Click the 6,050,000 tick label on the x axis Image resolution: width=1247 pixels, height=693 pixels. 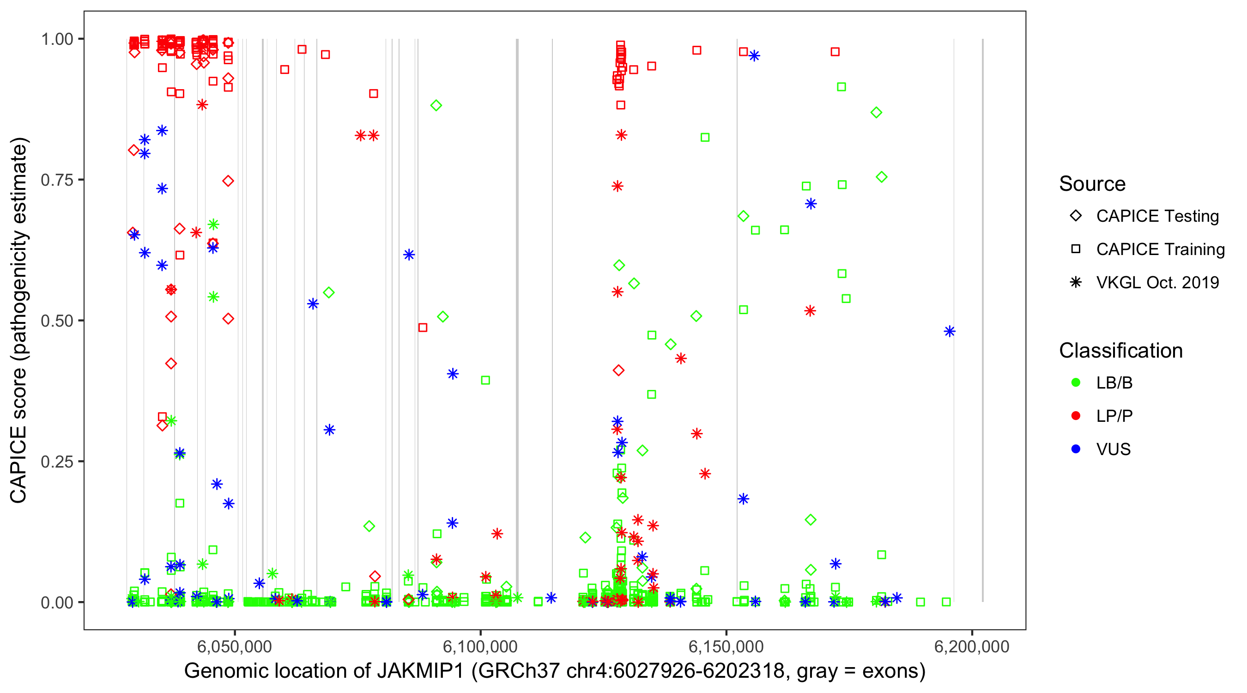click(235, 646)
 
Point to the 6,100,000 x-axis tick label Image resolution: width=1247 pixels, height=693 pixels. click(480, 646)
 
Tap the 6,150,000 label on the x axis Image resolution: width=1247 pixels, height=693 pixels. click(726, 646)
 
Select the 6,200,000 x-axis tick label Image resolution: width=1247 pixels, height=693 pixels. click(972, 646)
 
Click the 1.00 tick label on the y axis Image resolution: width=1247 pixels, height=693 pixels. click(57, 39)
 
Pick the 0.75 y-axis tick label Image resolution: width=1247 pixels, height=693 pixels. click(57, 180)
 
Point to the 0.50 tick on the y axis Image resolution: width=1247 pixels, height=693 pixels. click(57, 321)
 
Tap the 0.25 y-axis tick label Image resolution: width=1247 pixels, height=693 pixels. click(57, 462)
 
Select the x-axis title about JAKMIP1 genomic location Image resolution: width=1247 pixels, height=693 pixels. click(555, 671)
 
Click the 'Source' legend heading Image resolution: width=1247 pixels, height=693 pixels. click(1092, 184)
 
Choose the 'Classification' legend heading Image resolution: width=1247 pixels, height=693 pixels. click(1120, 351)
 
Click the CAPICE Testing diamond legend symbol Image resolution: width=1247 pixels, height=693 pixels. click(1076, 216)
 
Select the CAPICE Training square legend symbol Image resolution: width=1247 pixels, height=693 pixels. click(1076, 249)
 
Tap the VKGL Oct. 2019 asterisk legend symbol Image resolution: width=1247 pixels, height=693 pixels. click(1076, 282)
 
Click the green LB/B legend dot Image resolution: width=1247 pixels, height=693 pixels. click(1076, 383)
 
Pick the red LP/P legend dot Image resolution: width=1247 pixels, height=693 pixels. click(1076, 416)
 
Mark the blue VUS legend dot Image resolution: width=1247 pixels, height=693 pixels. click(1076, 449)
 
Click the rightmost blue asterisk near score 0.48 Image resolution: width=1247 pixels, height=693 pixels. click(949, 331)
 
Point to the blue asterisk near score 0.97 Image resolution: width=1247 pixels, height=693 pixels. click(754, 56)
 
